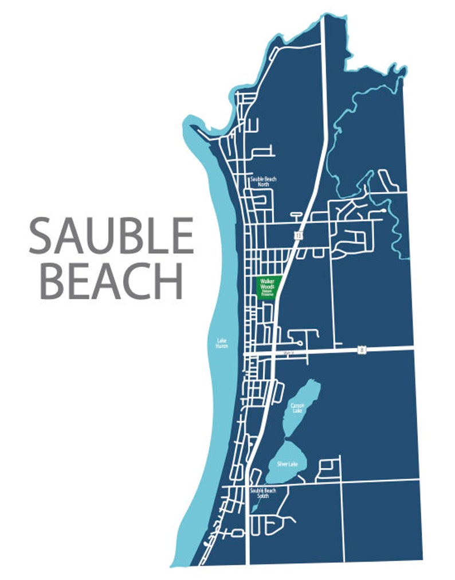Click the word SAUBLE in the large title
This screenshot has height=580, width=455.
[111, 236]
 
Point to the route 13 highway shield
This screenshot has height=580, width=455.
[299, 235]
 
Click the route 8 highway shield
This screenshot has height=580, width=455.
[360, 349]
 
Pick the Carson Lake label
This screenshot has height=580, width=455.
[297, 407]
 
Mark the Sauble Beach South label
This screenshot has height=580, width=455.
[263, 493]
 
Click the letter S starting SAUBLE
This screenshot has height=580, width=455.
[41, 236]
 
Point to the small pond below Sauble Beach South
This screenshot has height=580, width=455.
[254, 508]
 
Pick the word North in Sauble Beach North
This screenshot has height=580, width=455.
[263, 185]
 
